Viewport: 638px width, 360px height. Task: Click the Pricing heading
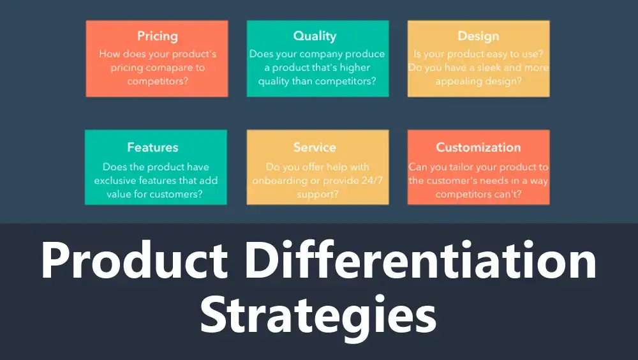158,36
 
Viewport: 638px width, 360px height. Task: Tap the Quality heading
315,36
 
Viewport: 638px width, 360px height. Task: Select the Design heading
478,36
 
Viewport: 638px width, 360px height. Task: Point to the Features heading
152,147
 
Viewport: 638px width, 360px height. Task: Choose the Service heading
315,147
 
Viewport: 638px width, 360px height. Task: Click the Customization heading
478,147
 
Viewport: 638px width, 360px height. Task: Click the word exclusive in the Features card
115,180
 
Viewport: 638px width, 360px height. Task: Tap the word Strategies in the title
318,315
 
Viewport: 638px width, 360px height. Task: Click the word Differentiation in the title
420,259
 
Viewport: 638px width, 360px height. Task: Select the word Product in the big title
134,259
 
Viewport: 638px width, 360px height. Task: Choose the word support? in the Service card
317,194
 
